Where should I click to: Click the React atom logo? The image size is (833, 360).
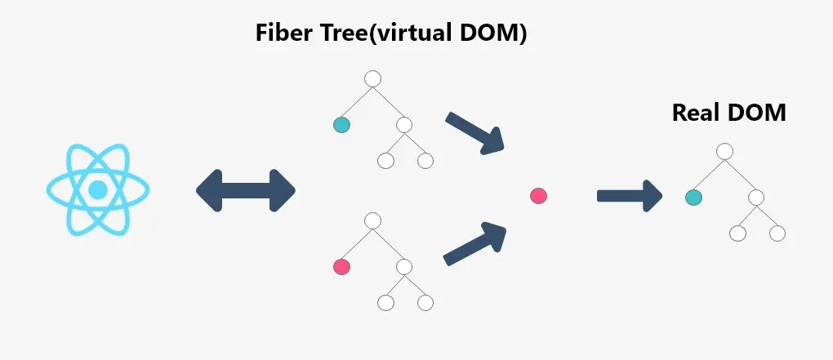click(98, 190)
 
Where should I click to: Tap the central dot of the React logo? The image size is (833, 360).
click(98, 190)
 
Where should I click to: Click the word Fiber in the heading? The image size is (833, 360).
click(283, 33)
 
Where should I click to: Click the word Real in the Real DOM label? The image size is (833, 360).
click(698, 113)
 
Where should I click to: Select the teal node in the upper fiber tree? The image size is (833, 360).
click(341, 125)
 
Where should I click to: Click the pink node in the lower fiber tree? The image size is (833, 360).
click(341, 266)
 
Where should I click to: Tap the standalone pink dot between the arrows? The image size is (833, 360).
click(537, 196)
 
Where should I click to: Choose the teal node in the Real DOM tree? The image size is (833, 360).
click(693, 197)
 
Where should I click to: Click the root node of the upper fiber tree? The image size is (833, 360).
click(373, 79)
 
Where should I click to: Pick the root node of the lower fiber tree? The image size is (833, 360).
click(373, 220)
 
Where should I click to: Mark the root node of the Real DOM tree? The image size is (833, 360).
click(724, 151)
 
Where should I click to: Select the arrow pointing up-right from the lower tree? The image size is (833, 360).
click(475, 244)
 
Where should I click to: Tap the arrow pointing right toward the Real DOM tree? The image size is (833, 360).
click(629, 196)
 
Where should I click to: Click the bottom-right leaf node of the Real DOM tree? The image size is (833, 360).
click(777, 233)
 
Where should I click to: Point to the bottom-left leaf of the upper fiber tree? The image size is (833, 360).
click(385, 161)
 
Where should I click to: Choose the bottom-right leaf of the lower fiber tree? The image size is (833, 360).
click(425, 302)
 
